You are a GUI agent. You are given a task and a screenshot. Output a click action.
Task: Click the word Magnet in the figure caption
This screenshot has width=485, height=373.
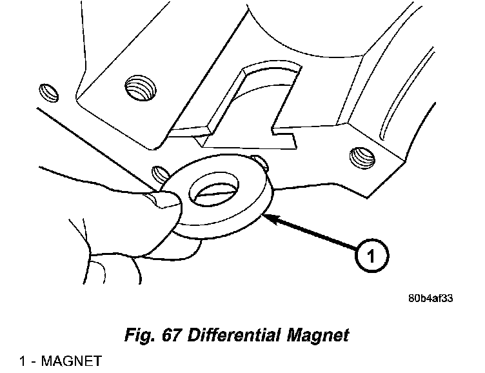click(x=317, y=336)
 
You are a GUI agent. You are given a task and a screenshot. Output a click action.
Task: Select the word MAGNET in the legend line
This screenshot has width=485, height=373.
click(x=71, y=361)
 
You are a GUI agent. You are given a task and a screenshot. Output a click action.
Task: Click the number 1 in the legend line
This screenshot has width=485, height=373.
click(x=23, y=361)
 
